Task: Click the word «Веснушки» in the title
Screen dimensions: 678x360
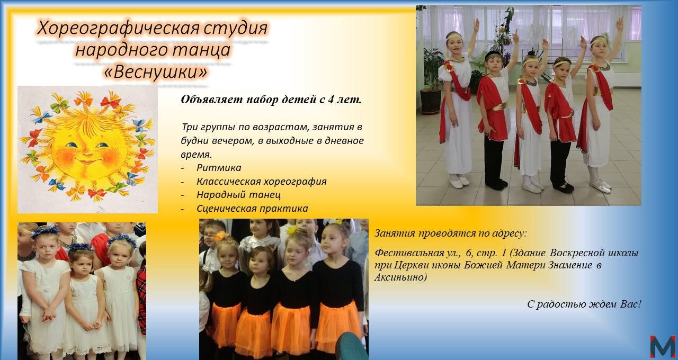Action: [156, 72]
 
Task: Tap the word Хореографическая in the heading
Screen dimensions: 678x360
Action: [118, 29]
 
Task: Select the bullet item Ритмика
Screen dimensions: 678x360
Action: [219, 168]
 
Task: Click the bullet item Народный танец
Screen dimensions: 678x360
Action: [238, 194]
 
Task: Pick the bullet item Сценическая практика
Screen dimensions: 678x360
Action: [252, 209]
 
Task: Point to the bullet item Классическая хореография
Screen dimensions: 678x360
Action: [262, 181]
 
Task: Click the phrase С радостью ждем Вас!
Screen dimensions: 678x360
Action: [584, 304]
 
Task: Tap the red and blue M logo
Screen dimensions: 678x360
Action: [663, 346]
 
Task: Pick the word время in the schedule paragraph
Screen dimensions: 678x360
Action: [196, 155]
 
